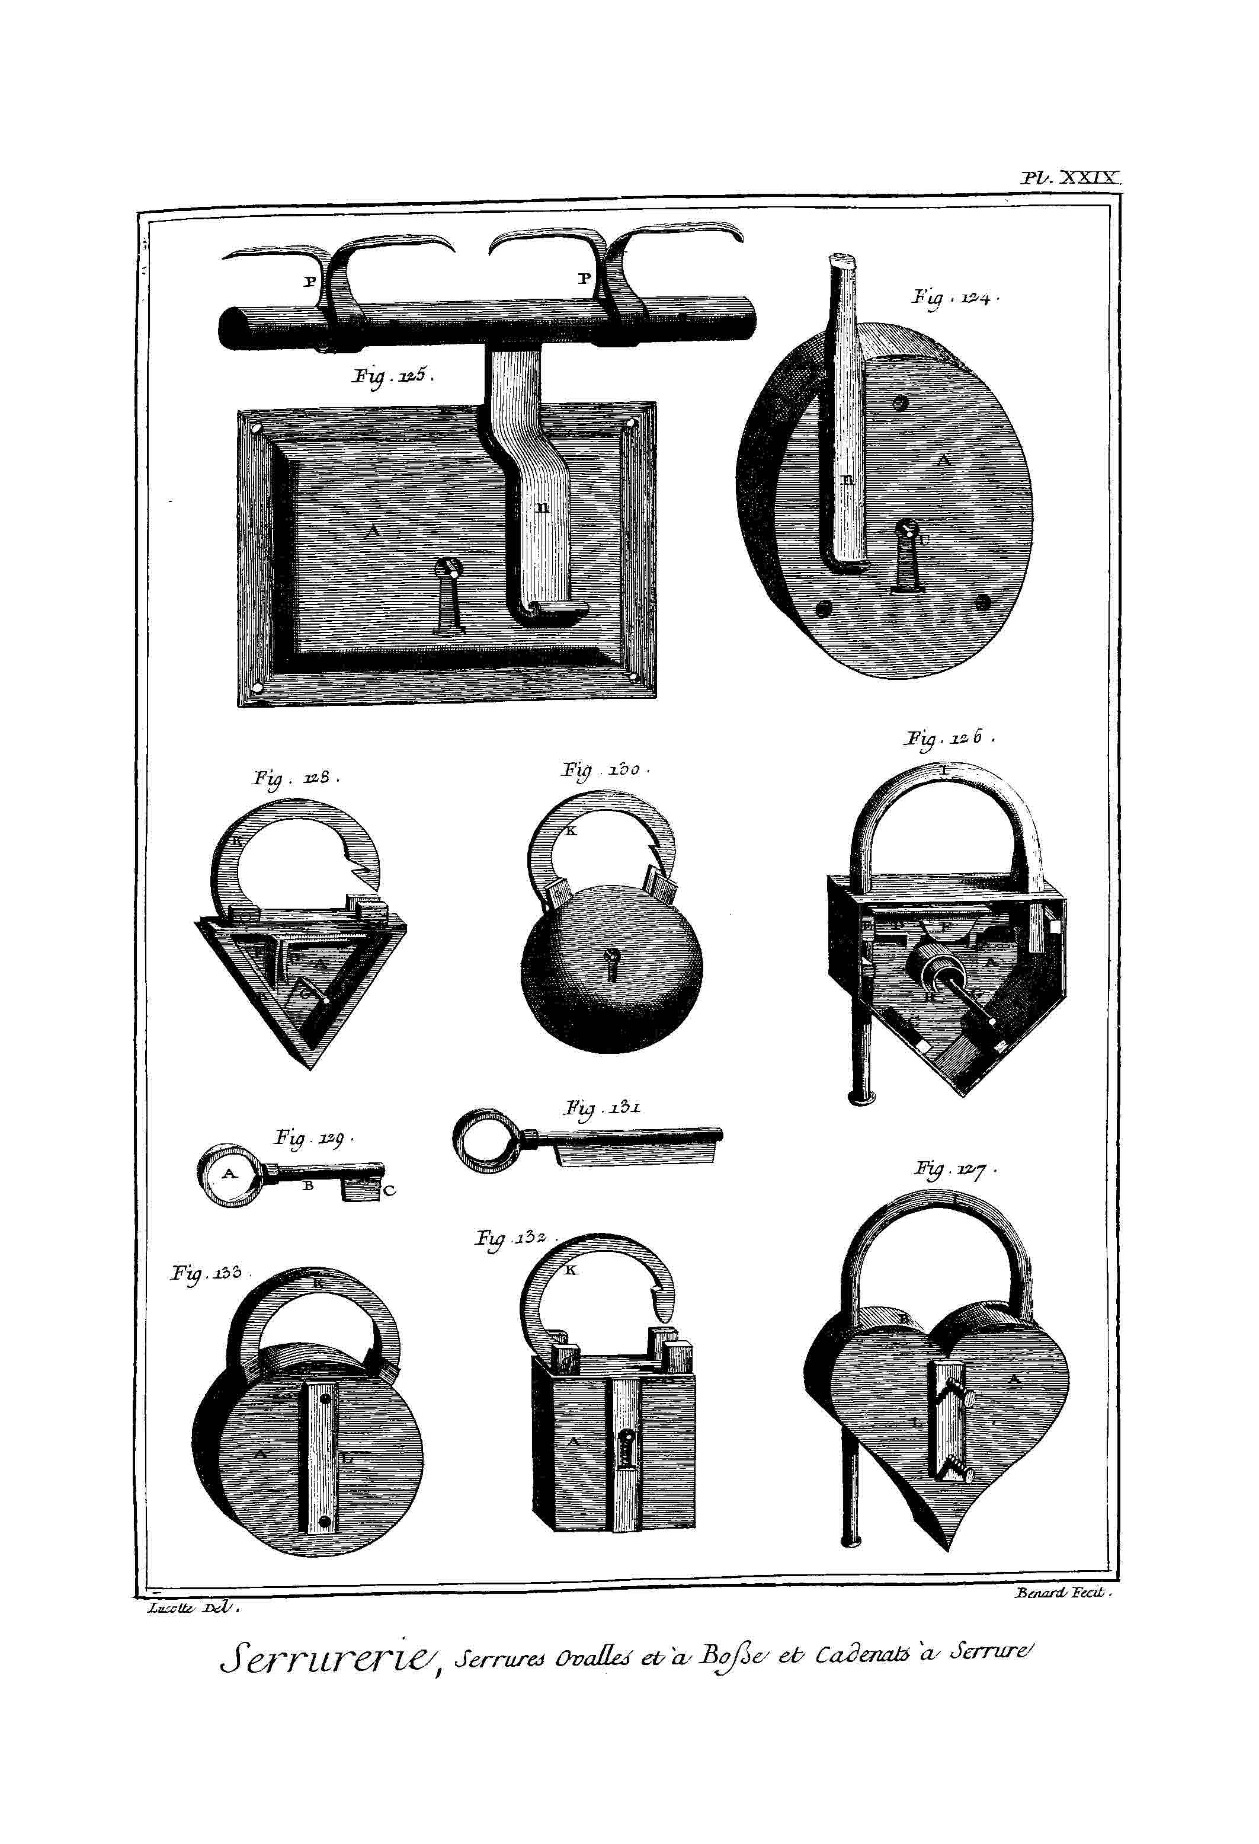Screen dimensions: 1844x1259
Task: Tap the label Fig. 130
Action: click(x=606, y=769)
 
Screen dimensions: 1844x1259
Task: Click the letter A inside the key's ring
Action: click(x=229, y=1173)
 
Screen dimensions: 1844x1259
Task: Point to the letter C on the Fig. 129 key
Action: click(x=389, y=1190)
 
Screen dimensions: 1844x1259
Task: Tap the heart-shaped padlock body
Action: click(x=936, y=1420)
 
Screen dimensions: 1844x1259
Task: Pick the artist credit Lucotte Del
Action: click(x=193, y=1607)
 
